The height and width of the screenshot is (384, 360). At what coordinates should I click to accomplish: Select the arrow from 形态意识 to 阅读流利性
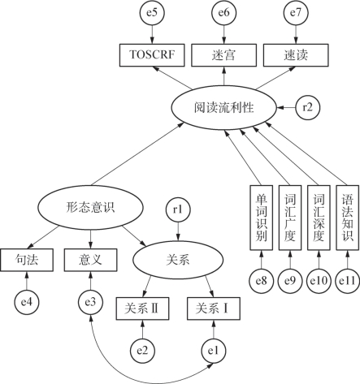point(138,153)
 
